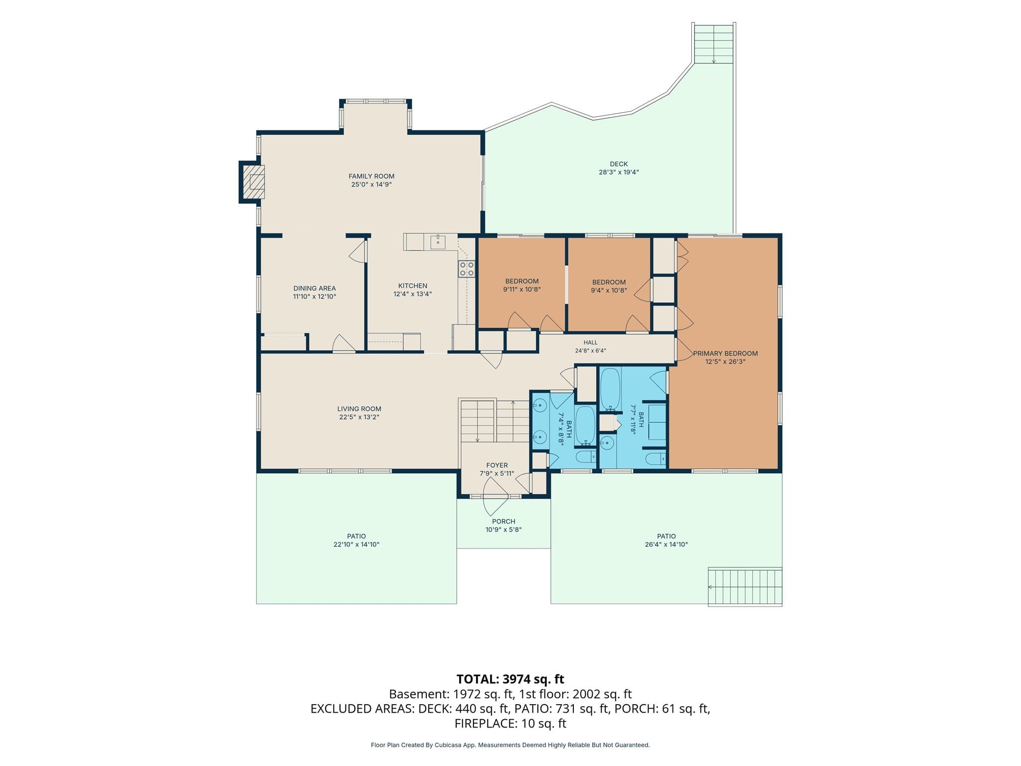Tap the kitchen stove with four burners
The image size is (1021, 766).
click(467, 269)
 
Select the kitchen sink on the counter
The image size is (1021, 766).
click(438, 242)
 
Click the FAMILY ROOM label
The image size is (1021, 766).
click(371, 176)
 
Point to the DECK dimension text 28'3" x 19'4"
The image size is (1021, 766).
click(619, 172)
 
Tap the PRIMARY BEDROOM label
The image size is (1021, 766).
click(725, 354)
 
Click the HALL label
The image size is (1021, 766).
click(590, 343)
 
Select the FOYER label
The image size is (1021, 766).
click(497, 465)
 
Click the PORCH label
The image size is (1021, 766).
click(504, 522)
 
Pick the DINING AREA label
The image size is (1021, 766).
click(315, 288)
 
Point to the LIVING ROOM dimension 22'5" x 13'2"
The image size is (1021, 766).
click(359, 417)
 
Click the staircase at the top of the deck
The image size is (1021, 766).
click(714, 44)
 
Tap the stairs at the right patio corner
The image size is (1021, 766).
click(745, 586)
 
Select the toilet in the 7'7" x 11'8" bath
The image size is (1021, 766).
click(656, 458)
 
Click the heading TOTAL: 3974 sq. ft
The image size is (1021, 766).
click(510, 679)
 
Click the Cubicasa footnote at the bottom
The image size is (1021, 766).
click(510, 745)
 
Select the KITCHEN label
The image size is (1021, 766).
click(413, 286)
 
